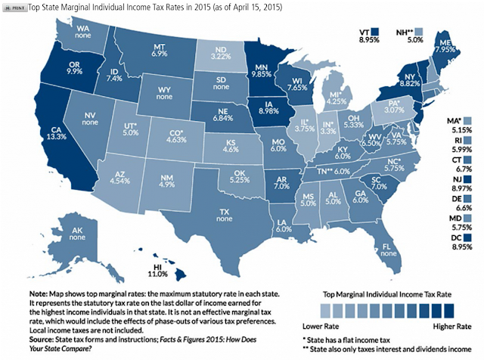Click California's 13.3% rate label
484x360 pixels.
coord(57,136)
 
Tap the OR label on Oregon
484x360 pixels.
coord(74,64)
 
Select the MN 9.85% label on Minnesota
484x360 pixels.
coord(261,70)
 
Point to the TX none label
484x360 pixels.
coord(225,216)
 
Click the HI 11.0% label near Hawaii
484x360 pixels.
coord(158,271)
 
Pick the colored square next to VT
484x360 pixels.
coord(375,32)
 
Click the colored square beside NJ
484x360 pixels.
coord(467,179)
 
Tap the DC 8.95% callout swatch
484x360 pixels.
coord(467,237)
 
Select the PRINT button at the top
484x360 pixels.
coord(14,8)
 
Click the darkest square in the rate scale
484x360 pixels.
coord(449,311)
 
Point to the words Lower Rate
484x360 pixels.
coord(321,327)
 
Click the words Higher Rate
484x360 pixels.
coord(452,327)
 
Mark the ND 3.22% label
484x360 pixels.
coord(221,53)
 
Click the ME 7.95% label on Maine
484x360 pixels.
coord(445,45)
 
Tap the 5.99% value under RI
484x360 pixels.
coord(462,150)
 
